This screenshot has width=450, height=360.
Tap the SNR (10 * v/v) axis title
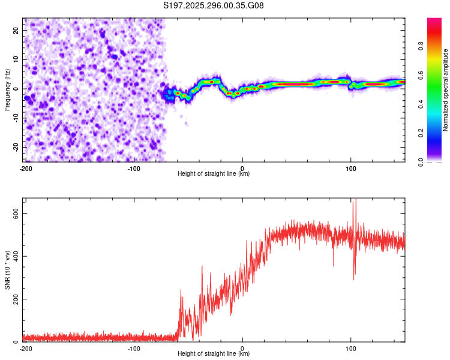point(7,270)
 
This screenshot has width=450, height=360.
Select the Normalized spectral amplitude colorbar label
point(445,90)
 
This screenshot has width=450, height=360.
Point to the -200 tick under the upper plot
point(26,168)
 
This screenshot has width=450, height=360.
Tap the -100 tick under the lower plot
point(134,348)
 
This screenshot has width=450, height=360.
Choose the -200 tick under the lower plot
point(26,348)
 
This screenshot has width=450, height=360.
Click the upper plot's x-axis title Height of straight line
point(214,174)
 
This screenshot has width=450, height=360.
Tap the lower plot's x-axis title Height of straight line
point(214,354)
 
